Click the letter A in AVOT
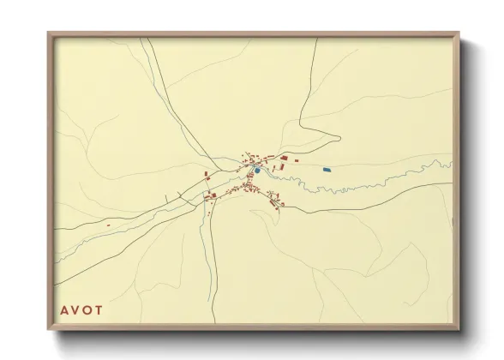(x=63, y=309)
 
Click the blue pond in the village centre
(x=256, y=170)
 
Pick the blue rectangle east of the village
(x=327, y=170)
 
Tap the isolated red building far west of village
(x=108, y=225)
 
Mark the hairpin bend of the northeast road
(x=339, y=136)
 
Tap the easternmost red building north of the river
(x=297, y=159)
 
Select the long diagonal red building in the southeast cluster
(x=274, y=201)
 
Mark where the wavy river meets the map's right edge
(x=452, y=164)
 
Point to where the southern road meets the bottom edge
(x=216, y=323)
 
